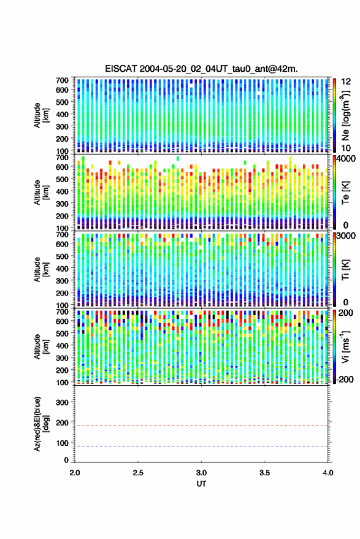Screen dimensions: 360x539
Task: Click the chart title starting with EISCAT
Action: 202,69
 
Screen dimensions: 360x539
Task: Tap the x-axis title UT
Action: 201,484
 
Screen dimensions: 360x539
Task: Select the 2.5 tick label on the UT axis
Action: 138,473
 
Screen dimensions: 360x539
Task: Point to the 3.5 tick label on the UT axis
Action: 264,473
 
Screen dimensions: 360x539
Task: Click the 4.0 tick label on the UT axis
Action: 328,473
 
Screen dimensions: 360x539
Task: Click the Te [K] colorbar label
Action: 345,193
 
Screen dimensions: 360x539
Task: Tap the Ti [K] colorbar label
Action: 345,270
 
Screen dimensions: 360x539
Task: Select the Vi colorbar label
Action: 345,346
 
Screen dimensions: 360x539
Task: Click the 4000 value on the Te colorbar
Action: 346,159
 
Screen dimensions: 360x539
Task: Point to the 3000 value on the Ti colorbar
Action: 346,236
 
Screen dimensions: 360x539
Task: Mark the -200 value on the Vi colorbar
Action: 345,379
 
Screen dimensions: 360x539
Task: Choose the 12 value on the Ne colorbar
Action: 347,82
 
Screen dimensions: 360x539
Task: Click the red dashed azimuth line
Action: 202,426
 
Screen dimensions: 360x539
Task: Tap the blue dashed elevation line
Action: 202,446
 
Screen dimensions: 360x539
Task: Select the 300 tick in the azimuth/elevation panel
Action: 62,402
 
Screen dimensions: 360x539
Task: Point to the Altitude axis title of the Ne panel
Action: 41,115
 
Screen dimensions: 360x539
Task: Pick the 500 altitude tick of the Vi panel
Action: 62,333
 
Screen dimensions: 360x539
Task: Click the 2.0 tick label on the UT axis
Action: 75,473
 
